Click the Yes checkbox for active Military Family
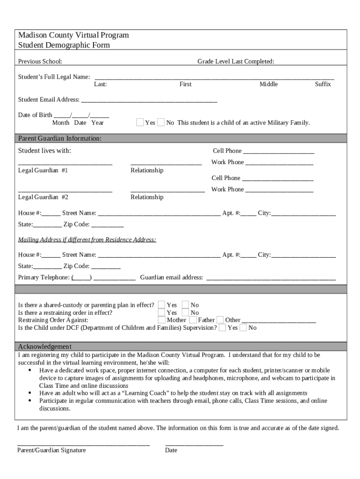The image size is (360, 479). click(x=140, y=123)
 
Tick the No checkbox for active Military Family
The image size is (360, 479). click(x=161, y=123)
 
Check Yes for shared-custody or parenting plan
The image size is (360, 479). click(x=162, y=305)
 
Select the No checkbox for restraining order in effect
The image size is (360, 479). click(x=185, y=312)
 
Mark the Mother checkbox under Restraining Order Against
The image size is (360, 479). click(x=162, y=320)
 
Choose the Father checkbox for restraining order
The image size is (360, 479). click(x=193, y=320)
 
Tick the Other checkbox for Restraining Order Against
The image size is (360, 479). click(x=220, y=320)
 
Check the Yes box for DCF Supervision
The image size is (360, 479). click(x=222, y=327)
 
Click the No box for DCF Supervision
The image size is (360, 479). click(x=243, y=327)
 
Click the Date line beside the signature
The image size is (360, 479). click(x=194, y=445)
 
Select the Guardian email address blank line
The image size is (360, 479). click(x=271, y=278)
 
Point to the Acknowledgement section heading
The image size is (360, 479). click(x=44, y=347)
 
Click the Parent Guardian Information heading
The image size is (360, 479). click(x=59, y=138)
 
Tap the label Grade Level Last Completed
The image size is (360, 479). click(x=236, y=62)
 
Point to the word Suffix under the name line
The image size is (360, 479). click(x=323, y=84)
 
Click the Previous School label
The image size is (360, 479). click(x=40, y=62)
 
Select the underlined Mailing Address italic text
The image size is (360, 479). click(x=87, y=240)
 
